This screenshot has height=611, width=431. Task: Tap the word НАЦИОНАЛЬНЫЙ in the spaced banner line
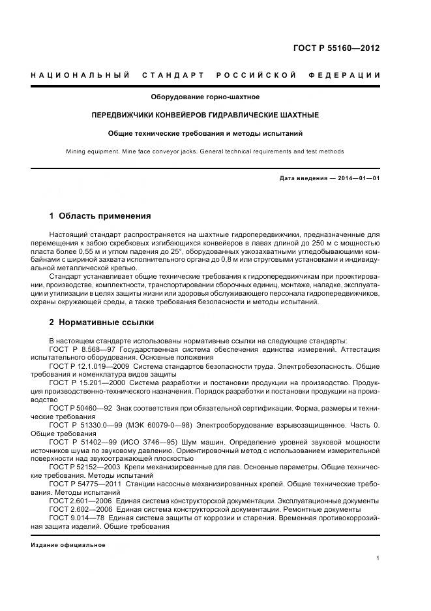[80, 76]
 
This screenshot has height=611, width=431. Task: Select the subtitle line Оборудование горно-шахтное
[205, 97]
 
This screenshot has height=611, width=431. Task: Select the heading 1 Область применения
[100, 216]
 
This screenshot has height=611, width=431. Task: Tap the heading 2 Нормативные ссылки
[102, 322]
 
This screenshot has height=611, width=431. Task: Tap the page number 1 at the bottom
[378, 558]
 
